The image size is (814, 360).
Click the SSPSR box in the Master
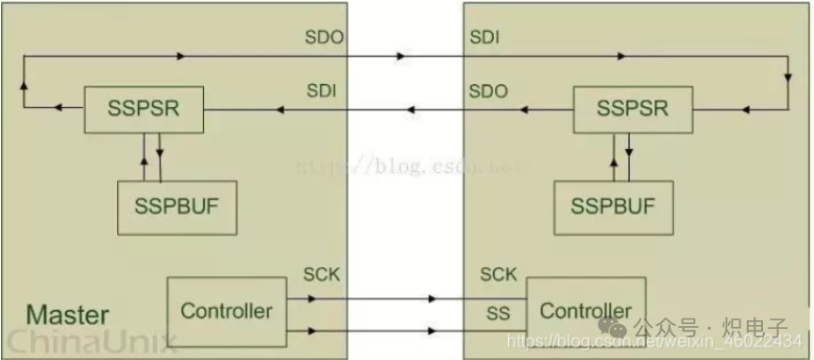click(144, 109)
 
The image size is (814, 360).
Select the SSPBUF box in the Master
click(176, 206)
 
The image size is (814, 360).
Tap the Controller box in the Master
click(227, 311)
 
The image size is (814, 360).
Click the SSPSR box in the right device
click(633, 109)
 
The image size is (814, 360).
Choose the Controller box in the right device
click(585, 311)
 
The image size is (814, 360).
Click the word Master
click(67, 315)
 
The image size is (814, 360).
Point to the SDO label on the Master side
click(325, 38)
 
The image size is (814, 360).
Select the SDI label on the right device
click(483, 38)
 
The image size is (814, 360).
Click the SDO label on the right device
click(488, 91)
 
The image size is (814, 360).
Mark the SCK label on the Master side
click(321, 275)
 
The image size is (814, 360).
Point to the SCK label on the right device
click(499, 275)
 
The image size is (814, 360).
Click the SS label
click(498, 311)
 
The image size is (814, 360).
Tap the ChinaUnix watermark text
click(87, 341)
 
